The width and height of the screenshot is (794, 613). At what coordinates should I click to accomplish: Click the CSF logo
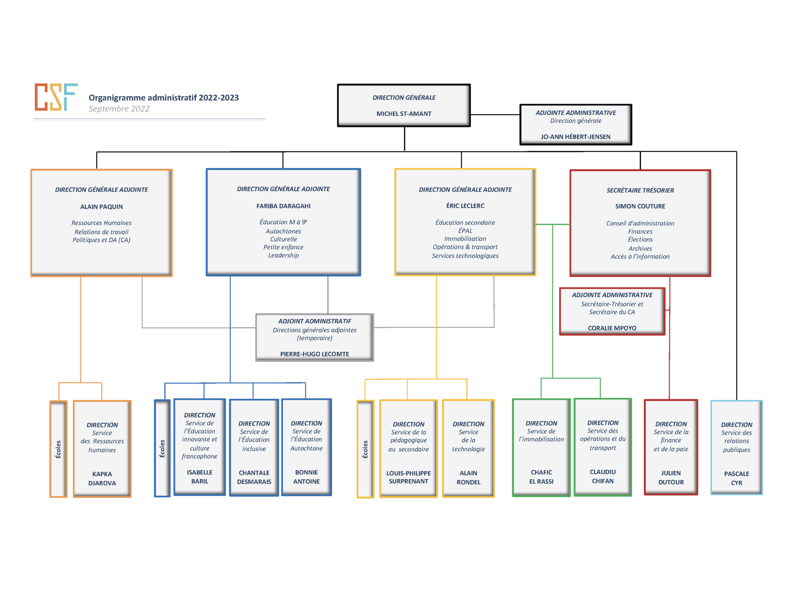tap(56, 97)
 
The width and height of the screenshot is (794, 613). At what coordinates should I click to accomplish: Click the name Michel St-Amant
tap(404, 114)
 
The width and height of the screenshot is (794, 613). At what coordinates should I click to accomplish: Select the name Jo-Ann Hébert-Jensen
tap(575, 137)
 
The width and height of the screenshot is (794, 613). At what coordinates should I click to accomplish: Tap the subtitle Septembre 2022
tap(119, 109)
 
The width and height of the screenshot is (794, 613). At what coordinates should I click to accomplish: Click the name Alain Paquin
tap(101, 207)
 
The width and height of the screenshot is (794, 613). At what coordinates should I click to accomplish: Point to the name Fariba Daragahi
tap(283, 206)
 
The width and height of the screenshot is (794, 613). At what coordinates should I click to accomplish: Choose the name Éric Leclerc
tap(465, 206)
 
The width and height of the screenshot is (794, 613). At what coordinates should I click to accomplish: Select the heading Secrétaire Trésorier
tap(640, 190)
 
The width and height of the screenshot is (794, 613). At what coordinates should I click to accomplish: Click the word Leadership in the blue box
tap(283, 255)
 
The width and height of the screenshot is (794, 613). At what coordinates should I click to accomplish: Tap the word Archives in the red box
tap(640, 249)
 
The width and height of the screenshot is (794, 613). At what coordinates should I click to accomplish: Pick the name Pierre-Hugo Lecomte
tap(314, 354)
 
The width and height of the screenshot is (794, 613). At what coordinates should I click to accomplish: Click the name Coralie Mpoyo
tap(612, 328)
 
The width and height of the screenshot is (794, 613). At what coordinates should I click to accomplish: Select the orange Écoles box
tap(58, 449)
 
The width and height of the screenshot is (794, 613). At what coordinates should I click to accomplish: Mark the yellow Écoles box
tap(365, 449)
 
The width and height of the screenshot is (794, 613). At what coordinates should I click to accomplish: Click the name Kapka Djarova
tap(102, 479)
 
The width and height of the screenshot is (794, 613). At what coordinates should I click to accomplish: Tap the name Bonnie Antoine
tap(306, 477)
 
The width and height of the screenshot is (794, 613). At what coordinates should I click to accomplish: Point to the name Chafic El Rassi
tap(541, 477)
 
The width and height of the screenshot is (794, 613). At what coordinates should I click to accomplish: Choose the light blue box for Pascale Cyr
tap(736, 448)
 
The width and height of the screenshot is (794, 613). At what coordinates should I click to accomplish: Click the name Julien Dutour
tap(671, 477)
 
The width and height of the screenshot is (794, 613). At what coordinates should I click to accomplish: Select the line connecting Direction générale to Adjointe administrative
tap(495, 115)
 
